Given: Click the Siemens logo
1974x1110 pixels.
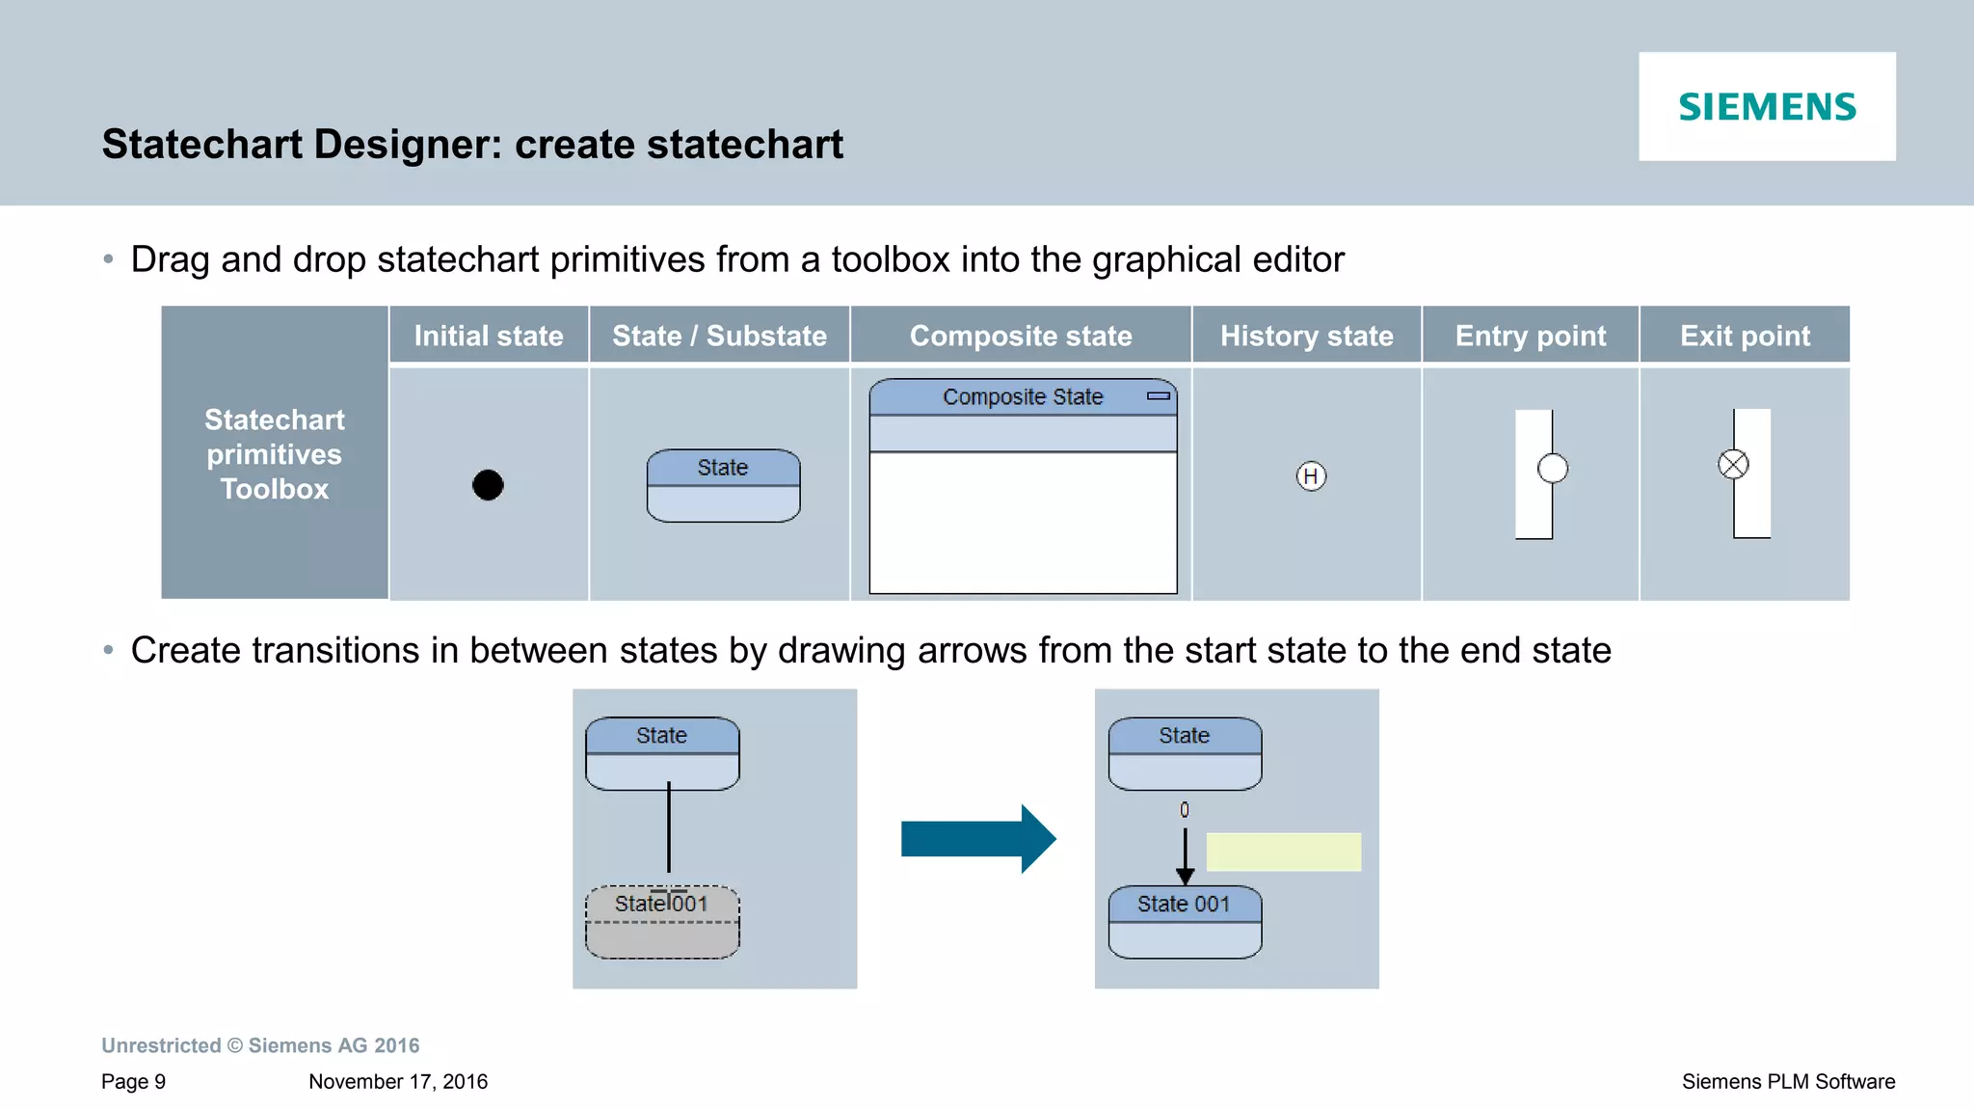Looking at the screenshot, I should [1767, 106].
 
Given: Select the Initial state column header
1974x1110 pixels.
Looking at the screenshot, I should [489, 336].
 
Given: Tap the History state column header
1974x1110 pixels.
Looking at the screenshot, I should [1306, 336].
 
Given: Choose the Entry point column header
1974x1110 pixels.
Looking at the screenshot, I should [1531, 336].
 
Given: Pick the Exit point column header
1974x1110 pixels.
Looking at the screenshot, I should [1745, 336].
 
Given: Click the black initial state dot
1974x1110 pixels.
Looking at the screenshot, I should [488, 484].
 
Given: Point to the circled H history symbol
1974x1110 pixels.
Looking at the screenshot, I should [1311, 475].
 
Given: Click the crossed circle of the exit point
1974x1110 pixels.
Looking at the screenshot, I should [1733, 465].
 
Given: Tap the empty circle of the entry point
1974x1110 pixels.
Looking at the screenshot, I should [1553, 469].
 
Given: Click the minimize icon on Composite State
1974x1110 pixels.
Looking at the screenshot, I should [1159, 396].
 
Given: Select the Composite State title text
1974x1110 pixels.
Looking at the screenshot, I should [1023, 396].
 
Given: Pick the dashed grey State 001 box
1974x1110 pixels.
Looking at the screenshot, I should [662, 922].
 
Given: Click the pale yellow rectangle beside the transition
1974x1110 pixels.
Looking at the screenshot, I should [1284, 852].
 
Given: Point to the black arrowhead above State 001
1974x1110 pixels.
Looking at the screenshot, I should [1185, 876].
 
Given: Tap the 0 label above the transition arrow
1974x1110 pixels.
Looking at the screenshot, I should [1185, 810].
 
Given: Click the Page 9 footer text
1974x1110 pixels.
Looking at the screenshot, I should [134, 1081].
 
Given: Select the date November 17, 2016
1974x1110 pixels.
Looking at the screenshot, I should [398, 1081].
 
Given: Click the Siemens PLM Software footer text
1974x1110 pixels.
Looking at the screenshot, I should [1788, 1081].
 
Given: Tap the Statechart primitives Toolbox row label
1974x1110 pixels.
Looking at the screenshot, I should [275, 454].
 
